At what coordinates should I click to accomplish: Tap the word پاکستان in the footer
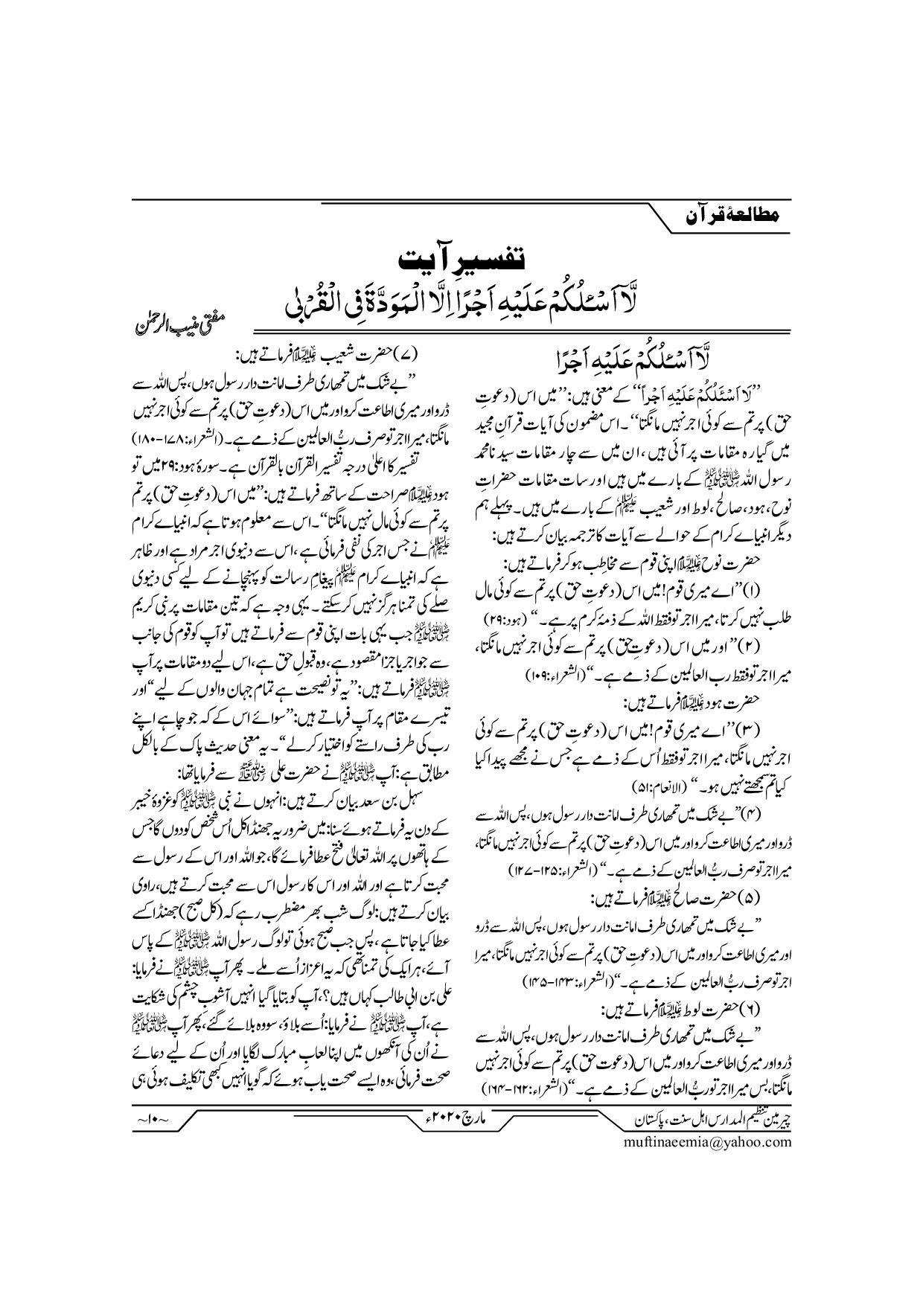pyautogui.click(x=651, y=1119)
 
